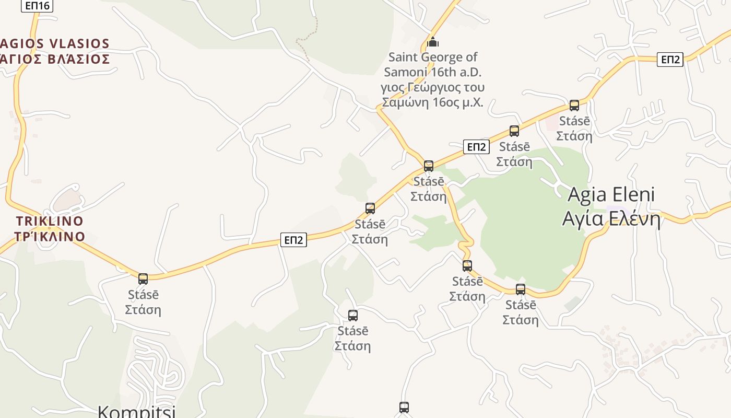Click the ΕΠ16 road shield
pos(37,6)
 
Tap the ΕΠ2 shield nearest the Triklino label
pos(293,240)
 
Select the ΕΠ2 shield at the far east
pos(670,60)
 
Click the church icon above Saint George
pos(432,42)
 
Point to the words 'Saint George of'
pos(433,57)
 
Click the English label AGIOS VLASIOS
pos(55,43)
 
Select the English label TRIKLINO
pos(50,220)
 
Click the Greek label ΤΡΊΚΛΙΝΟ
pos(50,237)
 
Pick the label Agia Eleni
pos(611,194)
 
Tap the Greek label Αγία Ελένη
pos(611,218)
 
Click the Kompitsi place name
pos(136,411)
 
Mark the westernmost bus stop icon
pos(143,278)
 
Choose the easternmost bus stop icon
pos(574,106)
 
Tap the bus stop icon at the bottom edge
pos(404,408)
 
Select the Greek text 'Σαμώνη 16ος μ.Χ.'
pos(433,102)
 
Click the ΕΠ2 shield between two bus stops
pos(476,147)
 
